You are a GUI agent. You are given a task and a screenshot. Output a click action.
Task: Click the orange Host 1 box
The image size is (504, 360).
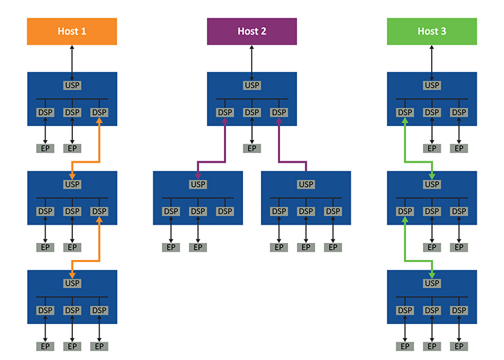72,31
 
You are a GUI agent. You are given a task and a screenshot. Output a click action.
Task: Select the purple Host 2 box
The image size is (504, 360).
252,31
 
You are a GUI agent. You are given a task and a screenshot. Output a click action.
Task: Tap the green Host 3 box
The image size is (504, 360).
432,31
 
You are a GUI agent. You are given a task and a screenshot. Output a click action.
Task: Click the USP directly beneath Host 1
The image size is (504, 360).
72,86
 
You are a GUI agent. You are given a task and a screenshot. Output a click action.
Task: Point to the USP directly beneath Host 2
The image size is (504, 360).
252,86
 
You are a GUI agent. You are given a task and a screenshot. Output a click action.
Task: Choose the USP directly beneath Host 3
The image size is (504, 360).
432,86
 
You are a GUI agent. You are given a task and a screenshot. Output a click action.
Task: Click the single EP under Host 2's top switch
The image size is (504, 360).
252,148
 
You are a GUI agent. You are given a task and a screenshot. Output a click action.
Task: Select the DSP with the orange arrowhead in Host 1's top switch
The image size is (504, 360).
99,112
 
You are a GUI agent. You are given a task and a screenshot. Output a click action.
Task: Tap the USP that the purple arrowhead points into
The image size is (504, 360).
198,184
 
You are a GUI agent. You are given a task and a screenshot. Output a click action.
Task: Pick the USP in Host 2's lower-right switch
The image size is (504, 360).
306,184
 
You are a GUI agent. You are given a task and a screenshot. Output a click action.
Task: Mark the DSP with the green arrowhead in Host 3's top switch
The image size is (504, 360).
405,112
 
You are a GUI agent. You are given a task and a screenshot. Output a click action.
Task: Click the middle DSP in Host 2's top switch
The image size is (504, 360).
252,112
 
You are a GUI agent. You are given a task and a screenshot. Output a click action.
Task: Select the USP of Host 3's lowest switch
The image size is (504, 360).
432,283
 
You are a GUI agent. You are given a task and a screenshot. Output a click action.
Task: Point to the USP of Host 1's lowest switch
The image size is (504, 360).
72,283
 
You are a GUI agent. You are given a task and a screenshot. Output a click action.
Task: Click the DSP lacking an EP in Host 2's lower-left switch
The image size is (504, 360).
225,212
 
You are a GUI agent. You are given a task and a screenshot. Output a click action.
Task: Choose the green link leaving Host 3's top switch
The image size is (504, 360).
405,143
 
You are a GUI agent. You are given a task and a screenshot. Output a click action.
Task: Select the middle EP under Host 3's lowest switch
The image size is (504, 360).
432,346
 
